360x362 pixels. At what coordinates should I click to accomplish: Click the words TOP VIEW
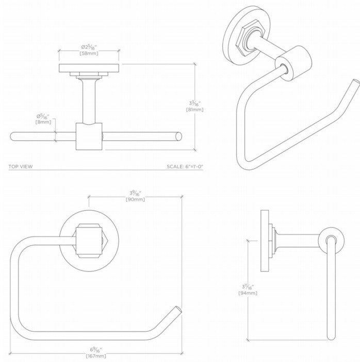[x=21, y=166]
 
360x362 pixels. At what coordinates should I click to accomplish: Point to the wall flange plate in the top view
[x=90, y=69]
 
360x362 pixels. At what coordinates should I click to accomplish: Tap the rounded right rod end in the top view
[x=178, y=137]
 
